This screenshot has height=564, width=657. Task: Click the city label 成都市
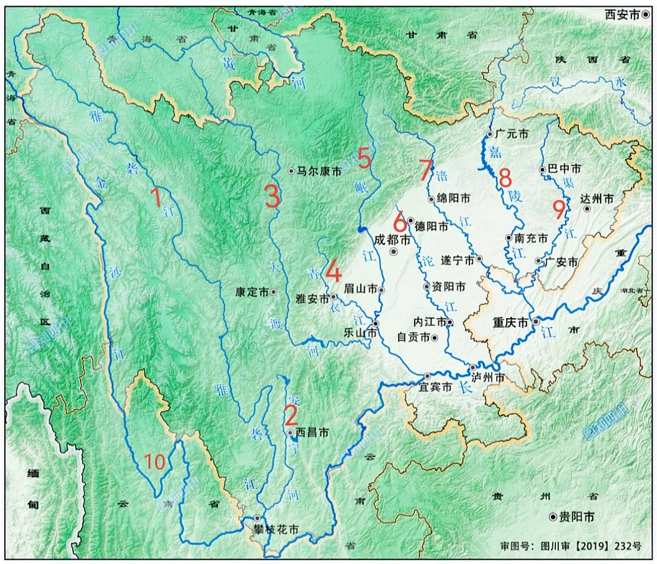click(392, 240)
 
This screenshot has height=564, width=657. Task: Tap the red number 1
click(156, 197)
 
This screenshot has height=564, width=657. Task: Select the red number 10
click(155, 462)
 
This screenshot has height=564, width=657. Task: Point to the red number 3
click(272, 196)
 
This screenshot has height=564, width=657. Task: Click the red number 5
click(364, 159)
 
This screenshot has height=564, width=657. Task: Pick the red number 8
click(505, 178)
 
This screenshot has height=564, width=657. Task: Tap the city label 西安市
click(622, 15)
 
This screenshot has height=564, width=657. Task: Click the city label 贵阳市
click(576, 517)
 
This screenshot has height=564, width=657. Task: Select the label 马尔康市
click(319, 171)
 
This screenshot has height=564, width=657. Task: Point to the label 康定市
click(252, 292)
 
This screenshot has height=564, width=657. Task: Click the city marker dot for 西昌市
click(290, 433)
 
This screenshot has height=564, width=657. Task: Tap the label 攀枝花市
click(276, 529)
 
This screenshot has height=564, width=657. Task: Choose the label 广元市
click(512, 134)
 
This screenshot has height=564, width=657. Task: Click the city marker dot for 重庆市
click(535, 322)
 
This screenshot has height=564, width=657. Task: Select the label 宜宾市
click(435, 387)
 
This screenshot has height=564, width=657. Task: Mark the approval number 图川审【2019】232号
click(571, 546)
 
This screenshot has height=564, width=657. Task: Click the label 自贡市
click(413, 338)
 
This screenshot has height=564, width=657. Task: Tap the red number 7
click(425, 170)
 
